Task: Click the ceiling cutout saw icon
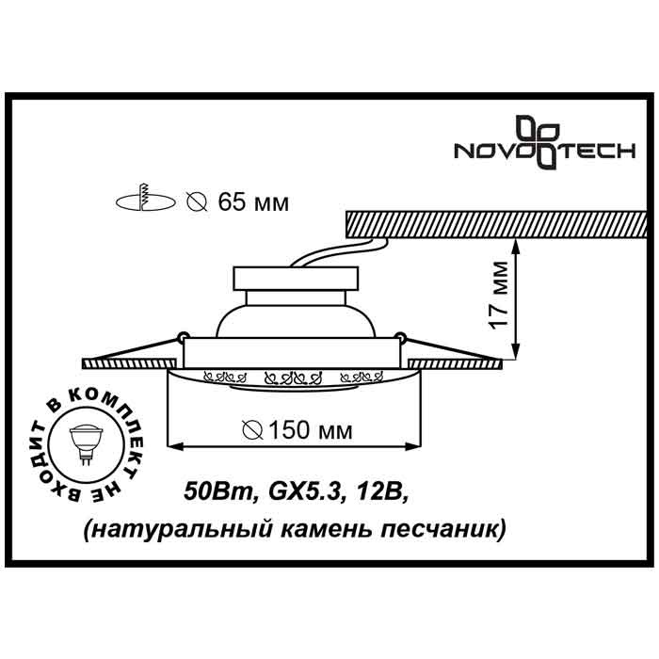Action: [x=146, y=201]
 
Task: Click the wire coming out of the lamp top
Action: [x=329, y=253]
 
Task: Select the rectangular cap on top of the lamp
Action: [x=297, y=279]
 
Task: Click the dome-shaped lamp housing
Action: [x=297, y=315]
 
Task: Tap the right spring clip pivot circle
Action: [x=402, y=333]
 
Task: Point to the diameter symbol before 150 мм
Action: [x=252, y=431]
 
